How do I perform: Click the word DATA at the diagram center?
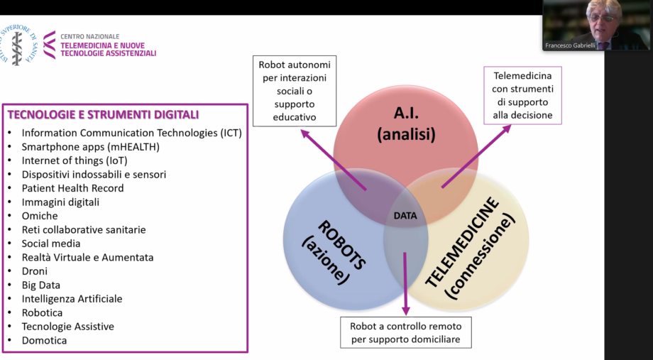pyautogui.click(x=405, y=216)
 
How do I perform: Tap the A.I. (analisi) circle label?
pyautogui.click(x=406, y=124)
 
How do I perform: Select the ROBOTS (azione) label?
pyautogui.click(x=333, y=253)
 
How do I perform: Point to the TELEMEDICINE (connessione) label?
pyautogui.click(x=468, y=248)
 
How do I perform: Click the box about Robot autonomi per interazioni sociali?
pyautogui.click(x=295, y=91)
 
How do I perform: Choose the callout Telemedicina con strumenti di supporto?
pyautogui.click(x=522, y=95)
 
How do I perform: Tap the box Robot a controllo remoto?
pyautogui.click(x=405, y=332)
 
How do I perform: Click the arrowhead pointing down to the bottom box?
pyautogui.click(x=405, y=311)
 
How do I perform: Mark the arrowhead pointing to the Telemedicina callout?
pyautogui.click(x=506, y=129)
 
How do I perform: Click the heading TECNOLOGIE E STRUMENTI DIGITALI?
pyautogui.click(x=103, y=114)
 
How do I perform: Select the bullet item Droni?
pyautogui.click(x=35, y=271)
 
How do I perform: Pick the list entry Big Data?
pyautogui.click(x=41, y=285)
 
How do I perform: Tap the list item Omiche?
pyautogui.click(x=40, y=216)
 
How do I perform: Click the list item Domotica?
pyautogui.click(x=44, y=340)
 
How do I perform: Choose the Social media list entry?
pyautogui.click(x=51, y=244)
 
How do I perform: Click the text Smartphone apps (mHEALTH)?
pyautogui.click(x=90, y=147)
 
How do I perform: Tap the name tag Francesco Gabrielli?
pyautogui.click(x=570, y=45)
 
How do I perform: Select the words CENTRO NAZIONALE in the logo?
pyautogui.click(x=90, y=37)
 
